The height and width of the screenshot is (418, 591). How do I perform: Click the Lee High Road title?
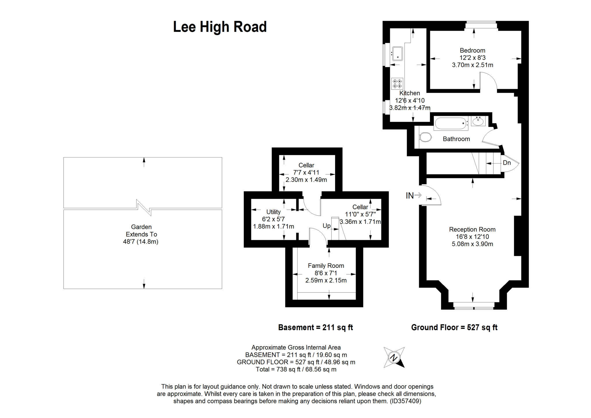[220, 27]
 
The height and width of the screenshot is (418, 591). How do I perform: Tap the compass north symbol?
[394, 357]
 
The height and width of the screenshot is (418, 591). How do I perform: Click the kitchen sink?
[397, 54]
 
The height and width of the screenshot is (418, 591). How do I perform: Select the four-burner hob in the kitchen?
[397, 84]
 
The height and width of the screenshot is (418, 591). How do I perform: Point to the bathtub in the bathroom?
[451, 123]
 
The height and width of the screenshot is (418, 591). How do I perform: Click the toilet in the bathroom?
[425, 137]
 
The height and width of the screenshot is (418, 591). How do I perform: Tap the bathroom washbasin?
[478, 121]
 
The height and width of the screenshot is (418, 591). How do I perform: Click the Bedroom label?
[472, 51]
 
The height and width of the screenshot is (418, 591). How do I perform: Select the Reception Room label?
[472, 229]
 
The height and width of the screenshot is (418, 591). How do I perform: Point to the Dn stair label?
[507, 163]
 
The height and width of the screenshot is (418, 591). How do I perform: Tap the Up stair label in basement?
[327, 226]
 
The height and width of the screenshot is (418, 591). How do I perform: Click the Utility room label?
[273, 212]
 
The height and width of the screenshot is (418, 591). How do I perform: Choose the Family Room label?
[326, 266]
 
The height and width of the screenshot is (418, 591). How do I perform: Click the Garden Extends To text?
[141, 231]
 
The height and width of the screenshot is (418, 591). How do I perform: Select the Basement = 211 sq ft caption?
[315, 327]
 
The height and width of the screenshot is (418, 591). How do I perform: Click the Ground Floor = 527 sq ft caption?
[454, 327]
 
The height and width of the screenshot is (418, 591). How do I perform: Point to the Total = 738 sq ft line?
[296, 369]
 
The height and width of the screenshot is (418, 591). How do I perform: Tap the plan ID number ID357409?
[405, 401]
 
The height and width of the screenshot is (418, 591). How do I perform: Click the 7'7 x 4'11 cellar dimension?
[306, 173]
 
